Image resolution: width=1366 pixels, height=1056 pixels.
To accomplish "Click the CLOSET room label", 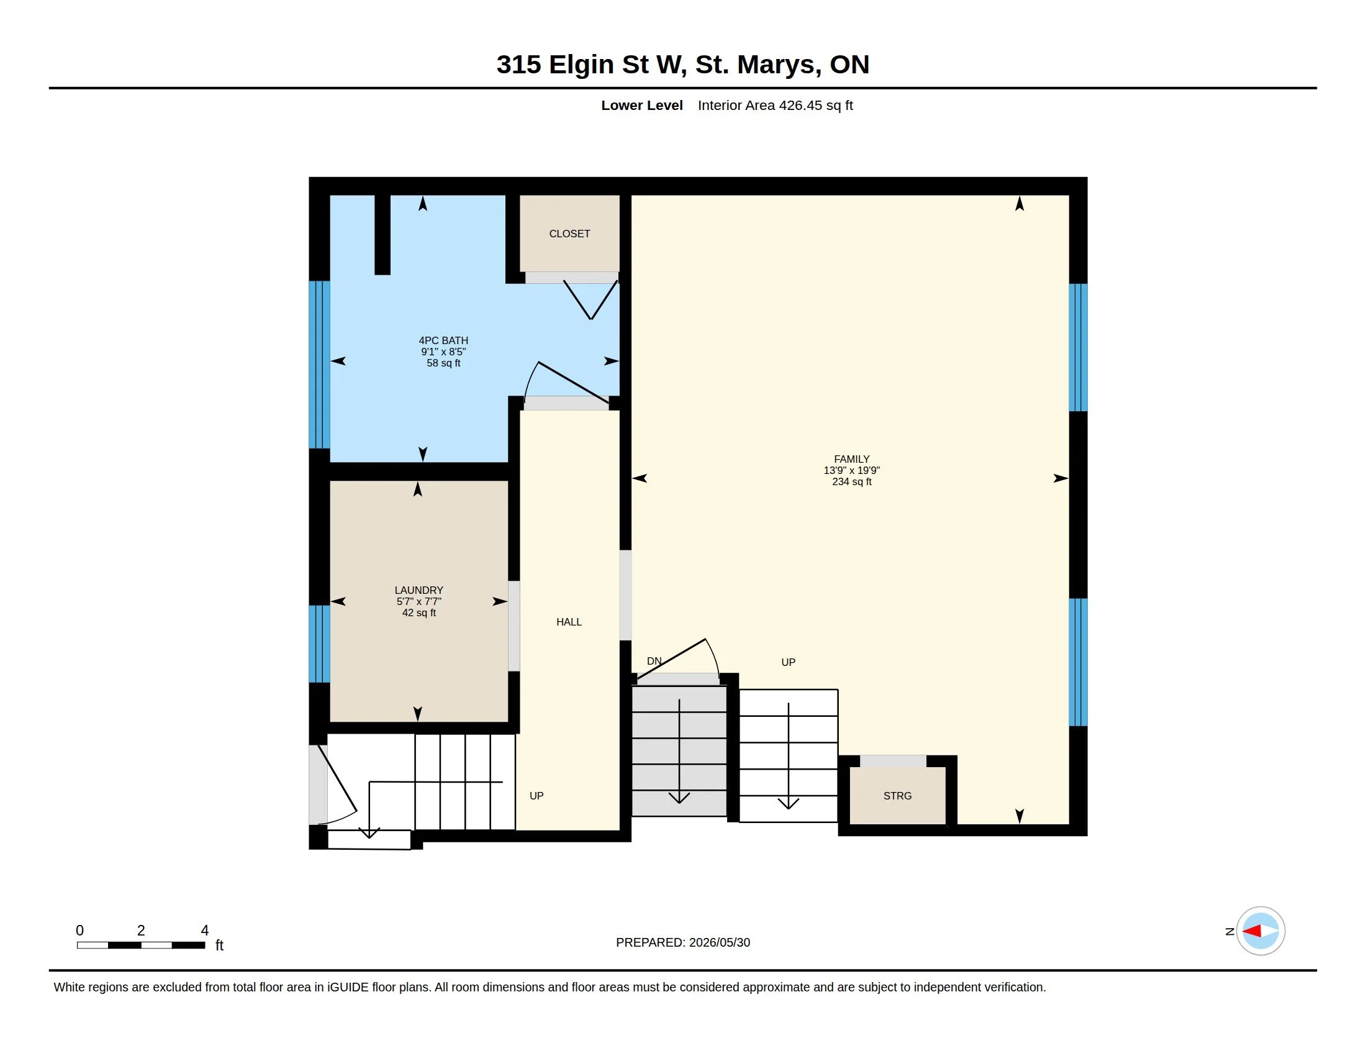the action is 569,234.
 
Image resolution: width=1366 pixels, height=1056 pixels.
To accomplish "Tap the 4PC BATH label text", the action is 443,340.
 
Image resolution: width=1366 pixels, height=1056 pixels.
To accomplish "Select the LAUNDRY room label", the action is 418,590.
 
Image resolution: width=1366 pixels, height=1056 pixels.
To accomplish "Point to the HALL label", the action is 569,622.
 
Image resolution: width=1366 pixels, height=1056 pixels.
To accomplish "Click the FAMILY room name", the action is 851,459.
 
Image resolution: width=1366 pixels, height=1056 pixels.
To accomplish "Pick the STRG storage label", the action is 897,796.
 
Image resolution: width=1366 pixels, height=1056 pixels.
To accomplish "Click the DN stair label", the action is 654,662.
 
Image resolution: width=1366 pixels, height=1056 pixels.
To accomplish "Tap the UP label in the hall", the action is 536,796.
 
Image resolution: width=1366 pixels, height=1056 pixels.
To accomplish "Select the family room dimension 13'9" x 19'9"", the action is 851,470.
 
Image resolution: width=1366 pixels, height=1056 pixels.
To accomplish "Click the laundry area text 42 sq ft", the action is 418,612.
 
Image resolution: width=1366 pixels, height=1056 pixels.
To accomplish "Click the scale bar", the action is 141,945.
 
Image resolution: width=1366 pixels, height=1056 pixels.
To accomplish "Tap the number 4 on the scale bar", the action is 204,931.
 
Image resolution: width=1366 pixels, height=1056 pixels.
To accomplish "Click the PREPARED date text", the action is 682,943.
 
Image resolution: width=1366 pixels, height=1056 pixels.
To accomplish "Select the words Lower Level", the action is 642,106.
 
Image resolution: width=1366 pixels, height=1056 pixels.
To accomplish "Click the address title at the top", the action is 682,65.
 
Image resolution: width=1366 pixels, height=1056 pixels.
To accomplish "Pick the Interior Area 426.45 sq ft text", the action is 775,106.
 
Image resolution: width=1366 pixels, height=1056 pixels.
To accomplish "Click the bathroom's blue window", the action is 319,365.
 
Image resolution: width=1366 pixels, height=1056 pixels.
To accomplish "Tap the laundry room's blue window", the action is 319,644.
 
